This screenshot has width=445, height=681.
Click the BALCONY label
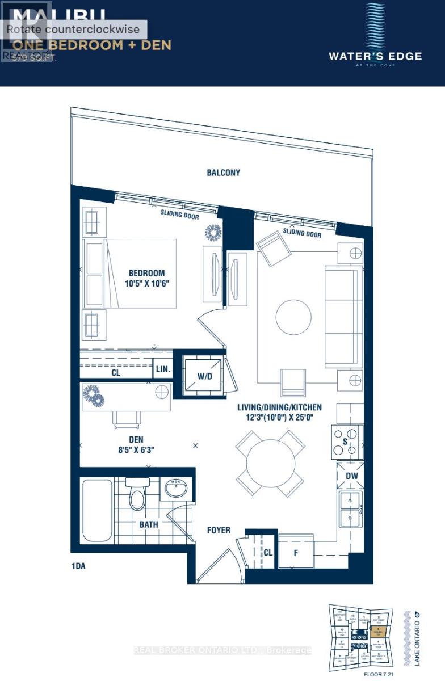coord(223,173)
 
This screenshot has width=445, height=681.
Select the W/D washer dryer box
coord(203,376)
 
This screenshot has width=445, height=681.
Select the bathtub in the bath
coord(97,511)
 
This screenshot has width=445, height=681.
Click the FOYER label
coord(219,530)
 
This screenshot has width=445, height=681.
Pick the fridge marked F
coord(295,552)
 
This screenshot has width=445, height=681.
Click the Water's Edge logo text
coord(375,56)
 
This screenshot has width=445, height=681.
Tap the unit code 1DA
coord(80,566)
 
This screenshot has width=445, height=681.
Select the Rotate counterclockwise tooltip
coord(74,30)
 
